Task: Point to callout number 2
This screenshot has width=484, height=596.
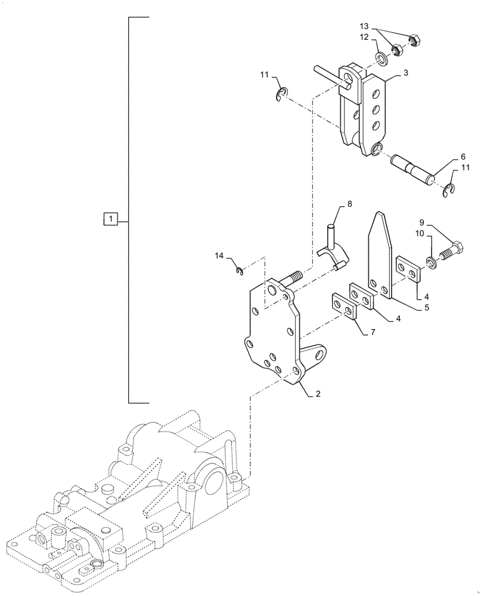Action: [x=318, y=394]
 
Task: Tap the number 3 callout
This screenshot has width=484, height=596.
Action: [x=405, y=73]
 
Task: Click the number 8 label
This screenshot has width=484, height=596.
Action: [x=349, y=204]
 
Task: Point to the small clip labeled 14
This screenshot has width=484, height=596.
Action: [x=240, y=272]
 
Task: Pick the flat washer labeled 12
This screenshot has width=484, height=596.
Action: [x=380, y=58]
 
